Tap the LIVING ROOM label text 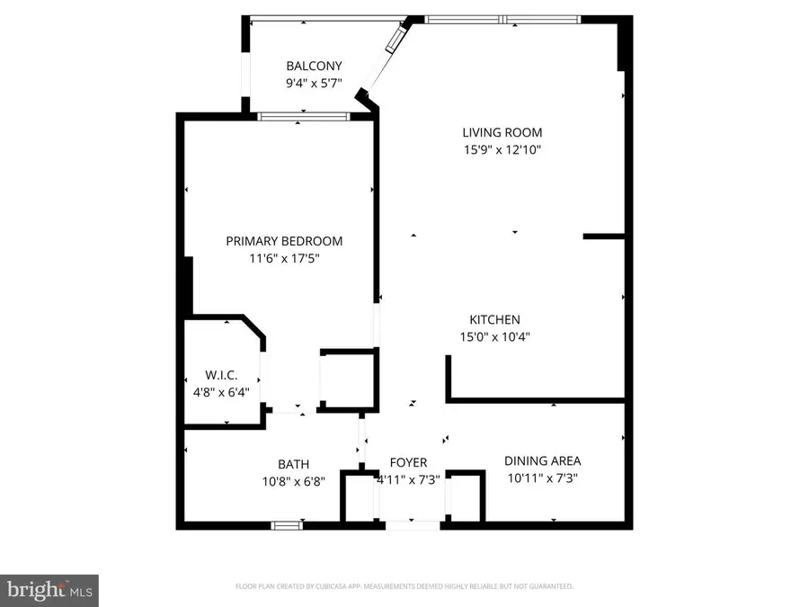pyautogui.click(x=497, y=133)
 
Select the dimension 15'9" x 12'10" pyautogui.click(x=497, y=150)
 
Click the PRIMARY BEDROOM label pyautogui.click(x=284, y=241)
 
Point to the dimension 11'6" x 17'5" pyautogui.click(x=284, y=258)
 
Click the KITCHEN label pyautogui.click(x=494, y=320)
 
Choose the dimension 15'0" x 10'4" pyautogui.click(x=494, y=337)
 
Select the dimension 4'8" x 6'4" pyautogui.click(x=219, y=392)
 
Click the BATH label pyautogui.click(x=293, y=464)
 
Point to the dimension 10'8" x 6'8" pyautogui.click(x=293, y=480)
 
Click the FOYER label pyautogui.click(x=407, y=463)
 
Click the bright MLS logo pyautogui.click(x=49, y=590)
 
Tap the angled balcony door pyautogui.click(x=393, y=38)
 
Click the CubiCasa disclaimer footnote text pyautogui.click(x=404, y=586)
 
